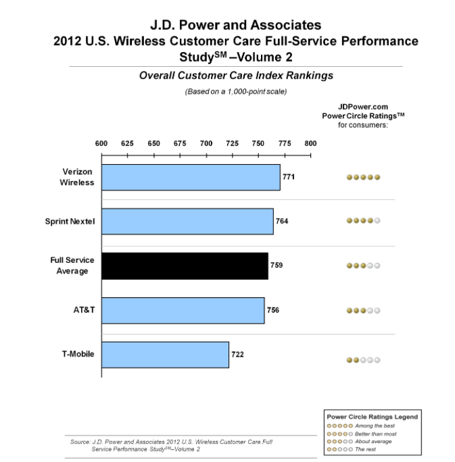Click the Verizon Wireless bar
click(191, 177)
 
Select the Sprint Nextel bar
click(187, 221)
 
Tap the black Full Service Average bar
click(185, 265)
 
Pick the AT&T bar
click(183, 310)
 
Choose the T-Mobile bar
click(165, 355)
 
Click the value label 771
click(289, 177)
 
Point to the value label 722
click(237, 355)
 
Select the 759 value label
click(277, 265)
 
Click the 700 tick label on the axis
click(206, 143)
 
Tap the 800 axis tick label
click(310, 143)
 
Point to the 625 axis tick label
click(127, 143)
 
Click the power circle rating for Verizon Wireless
click(363, 178)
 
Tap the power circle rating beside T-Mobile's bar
click(363, 361)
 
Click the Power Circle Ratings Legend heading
click(372, 417)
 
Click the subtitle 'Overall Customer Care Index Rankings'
click(236, 76)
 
